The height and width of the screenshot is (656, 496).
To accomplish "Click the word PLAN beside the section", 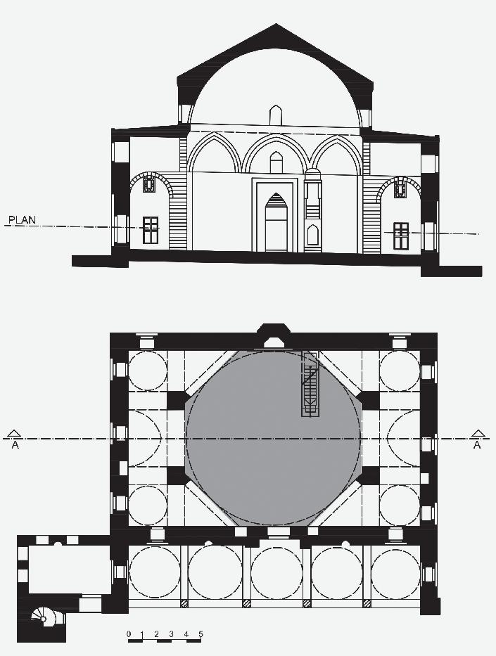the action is point(21,221).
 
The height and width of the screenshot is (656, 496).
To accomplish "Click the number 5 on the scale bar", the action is point(201,634).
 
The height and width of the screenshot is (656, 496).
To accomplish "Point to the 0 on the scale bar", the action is point(129,634).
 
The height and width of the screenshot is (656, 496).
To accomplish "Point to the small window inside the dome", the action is point(276,115).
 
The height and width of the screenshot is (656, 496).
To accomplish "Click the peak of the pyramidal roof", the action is point(275,26).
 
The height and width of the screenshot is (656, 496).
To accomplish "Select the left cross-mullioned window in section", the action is point(151,230).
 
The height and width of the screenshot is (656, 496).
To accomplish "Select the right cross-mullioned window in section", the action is point(401,236).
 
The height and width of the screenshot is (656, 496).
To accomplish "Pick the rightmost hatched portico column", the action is point(367,603).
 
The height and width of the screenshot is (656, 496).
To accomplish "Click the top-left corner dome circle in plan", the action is point(146,370).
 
